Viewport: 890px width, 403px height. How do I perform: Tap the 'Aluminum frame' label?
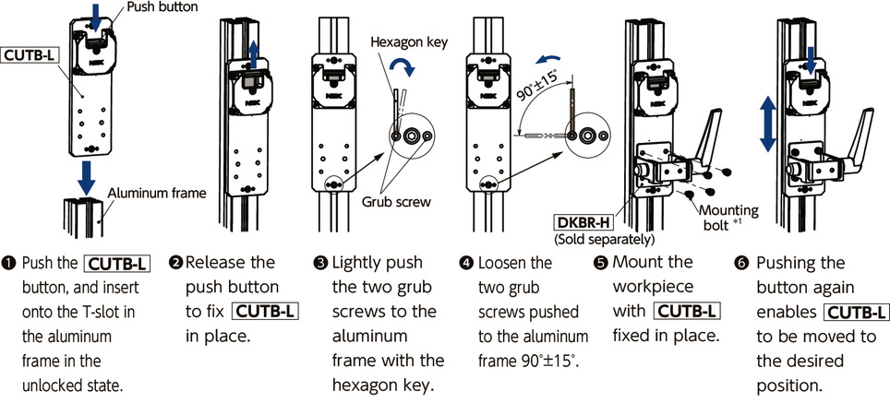156,193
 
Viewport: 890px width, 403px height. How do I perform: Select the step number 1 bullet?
9,264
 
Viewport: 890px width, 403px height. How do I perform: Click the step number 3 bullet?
320,264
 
